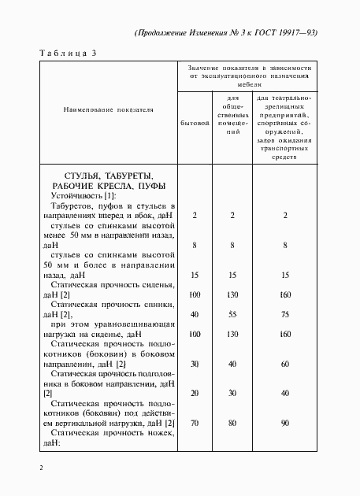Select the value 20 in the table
pos(194,391)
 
